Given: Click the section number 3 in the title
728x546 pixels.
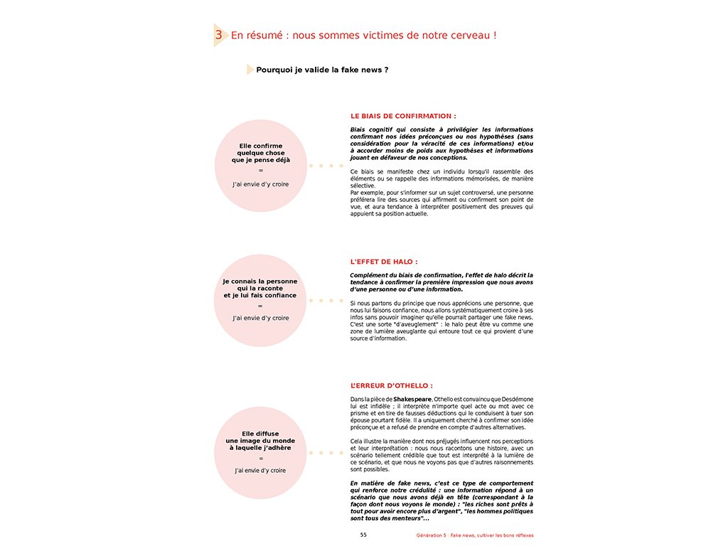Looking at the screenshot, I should [219, 35].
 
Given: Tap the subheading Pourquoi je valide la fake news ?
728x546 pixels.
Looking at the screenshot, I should [322, 70].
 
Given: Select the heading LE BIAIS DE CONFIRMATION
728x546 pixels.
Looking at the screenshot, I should [403, 116].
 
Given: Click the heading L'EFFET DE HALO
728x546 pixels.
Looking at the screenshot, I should [384, 262].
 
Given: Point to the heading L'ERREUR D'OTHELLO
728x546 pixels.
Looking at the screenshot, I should [391, 386].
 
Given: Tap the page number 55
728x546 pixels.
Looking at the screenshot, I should [363, 535].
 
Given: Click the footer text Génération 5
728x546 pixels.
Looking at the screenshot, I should [431, 535].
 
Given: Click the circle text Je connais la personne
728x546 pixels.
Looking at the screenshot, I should [259, 282].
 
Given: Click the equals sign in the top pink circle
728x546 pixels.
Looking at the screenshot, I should [260, 171].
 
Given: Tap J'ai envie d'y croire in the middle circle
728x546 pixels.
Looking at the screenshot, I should [260, 318].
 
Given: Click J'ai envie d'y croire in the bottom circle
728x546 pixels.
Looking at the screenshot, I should [260, 470].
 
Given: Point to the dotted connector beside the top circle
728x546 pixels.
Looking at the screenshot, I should [326, 166].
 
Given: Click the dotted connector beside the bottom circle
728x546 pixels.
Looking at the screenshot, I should [326, 453].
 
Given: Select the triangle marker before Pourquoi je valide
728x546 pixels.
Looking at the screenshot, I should [250, 70].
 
